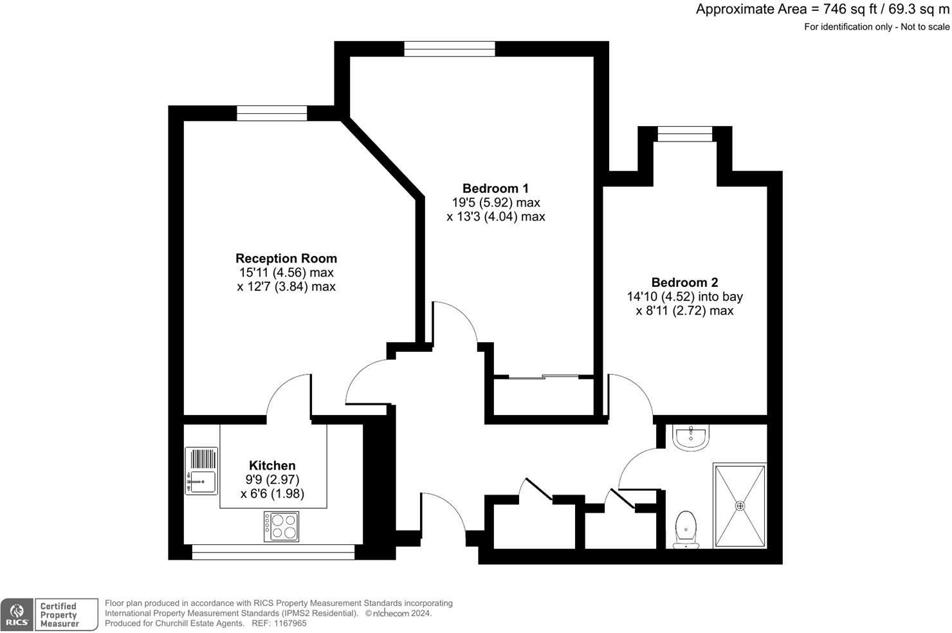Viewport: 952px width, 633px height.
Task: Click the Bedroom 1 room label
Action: [x=495, y=188]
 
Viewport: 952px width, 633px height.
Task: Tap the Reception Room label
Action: [x=286, y=259]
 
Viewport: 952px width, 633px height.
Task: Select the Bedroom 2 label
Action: [x=684, y=282]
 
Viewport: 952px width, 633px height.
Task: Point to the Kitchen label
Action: [x=272, y=466]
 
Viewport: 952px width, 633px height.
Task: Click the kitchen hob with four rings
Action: [x=282, y=526]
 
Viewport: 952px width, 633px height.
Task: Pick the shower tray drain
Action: [x=740, y=506]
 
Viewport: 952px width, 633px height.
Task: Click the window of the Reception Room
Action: [x=271, y=113]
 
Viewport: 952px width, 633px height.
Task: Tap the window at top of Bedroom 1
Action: [x=450, y=49]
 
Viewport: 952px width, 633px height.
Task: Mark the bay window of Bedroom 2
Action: [x=685, y=134]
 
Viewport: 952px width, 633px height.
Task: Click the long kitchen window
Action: [x=273, y=552]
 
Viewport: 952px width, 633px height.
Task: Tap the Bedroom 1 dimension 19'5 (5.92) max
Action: [x=495, y=203]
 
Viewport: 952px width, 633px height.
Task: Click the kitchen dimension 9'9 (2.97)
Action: [x=272, y=480]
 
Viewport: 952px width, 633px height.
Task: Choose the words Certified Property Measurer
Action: [x=59, y=615]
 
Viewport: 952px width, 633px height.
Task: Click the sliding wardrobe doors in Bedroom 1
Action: [x=544, y=377]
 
